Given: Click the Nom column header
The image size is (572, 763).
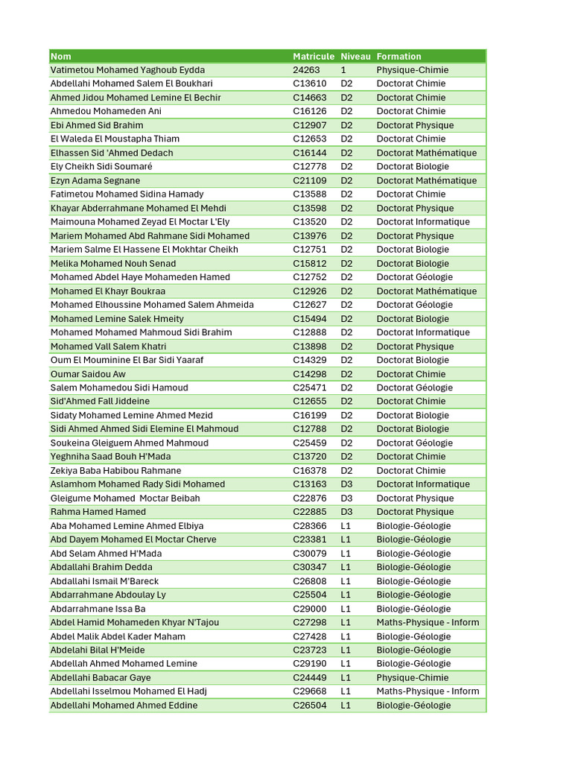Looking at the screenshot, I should [x=61, y=57].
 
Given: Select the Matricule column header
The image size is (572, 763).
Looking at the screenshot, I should [x=314, y=57].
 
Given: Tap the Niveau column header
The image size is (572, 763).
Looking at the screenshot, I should [x=355, y=57].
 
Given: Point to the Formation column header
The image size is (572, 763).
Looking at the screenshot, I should [x=398, y=57].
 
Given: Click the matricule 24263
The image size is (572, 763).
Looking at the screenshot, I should [x=306, y=70].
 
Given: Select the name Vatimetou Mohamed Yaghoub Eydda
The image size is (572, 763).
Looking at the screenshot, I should [x=127, y=70].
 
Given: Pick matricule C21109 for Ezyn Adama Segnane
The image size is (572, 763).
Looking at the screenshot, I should [x=309, y=180].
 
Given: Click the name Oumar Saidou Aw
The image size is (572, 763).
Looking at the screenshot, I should [x=88, y=374].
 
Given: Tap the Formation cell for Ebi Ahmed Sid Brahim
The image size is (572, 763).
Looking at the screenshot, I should [x=415, y=125].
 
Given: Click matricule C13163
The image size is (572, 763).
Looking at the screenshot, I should [x=309, y=484].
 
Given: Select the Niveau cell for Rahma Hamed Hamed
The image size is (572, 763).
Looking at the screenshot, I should [x=347, y=512].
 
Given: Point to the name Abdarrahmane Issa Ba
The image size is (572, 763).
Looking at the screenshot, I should [x=98, y=609].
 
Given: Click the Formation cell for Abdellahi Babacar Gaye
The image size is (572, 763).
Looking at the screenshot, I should [x=412, y=678].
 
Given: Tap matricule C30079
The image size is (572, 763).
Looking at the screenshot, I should [x=309, y=554].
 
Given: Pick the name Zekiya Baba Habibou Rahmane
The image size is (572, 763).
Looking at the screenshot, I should [x=115, y=471].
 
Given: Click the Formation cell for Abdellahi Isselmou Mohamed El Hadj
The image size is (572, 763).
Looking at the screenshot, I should [x=428, y=691].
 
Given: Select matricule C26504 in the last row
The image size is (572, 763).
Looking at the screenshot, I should [x=309, y=706].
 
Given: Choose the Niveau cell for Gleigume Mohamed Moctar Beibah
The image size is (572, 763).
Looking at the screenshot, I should [x=347, y=498].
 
